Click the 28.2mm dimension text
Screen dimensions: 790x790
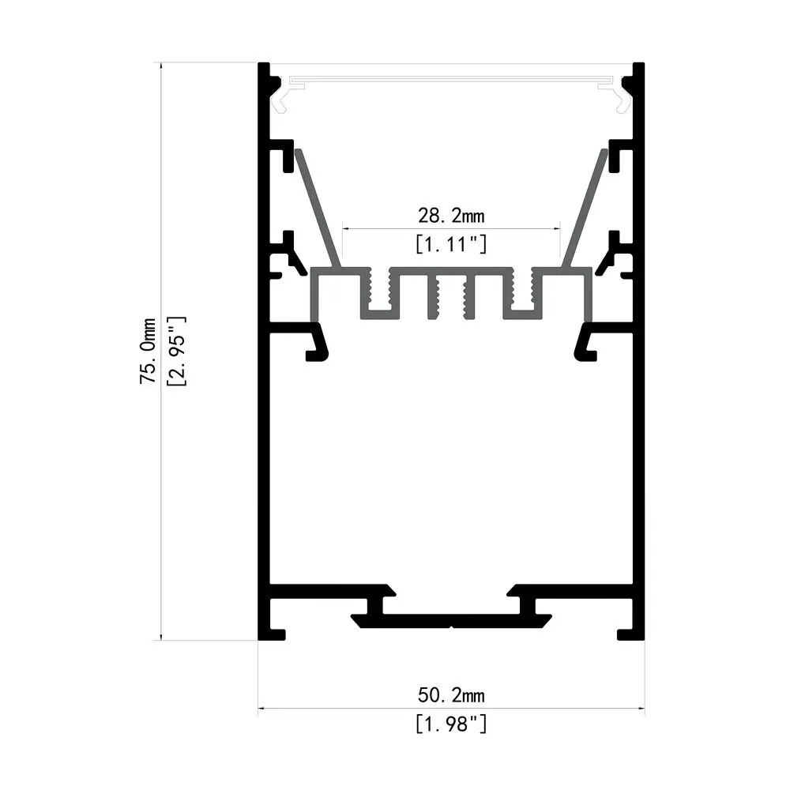pos(451,214)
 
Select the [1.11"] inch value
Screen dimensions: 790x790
pos(451,244)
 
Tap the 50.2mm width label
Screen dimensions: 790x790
pos(451,695)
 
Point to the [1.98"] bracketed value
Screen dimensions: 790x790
pos(451,723)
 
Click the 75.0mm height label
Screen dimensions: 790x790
pos(147,351)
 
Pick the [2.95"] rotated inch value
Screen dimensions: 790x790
pos(176,351)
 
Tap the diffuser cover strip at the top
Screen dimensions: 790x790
pos(451,79)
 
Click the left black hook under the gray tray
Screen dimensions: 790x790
pos(318,344)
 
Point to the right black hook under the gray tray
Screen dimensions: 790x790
pos(585,344)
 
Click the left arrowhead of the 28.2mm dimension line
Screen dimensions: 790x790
pos(344,229)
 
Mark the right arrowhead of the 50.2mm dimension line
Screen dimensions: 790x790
pos(641,709)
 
